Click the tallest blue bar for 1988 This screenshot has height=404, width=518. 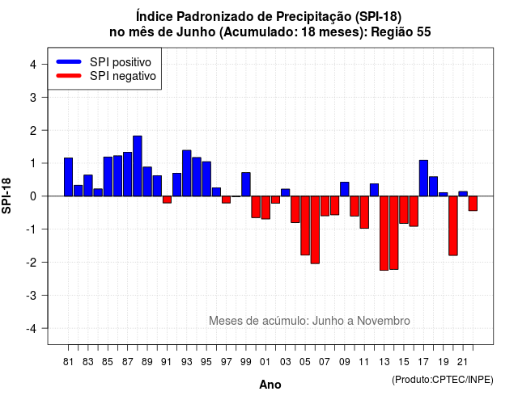click(138, 166)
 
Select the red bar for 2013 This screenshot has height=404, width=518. click(384, 234)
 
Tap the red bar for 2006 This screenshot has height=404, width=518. click(315, 229)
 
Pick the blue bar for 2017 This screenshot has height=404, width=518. click(423, 178)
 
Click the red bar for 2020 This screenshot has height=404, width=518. click(453, 225)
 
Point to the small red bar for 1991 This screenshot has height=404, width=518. click(167, 200)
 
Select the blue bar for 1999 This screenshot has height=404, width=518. click(246, 184)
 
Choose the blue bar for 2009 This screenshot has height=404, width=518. click(345, 189)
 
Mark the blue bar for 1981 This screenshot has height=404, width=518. click(68, 177)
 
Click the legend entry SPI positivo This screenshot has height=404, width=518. click(121, 62)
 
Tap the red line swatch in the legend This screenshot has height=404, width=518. click(69, 76)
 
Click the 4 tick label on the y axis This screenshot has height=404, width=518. click(33, 65)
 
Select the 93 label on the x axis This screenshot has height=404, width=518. click(187, 362)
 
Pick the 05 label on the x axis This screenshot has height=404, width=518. click(305, 362)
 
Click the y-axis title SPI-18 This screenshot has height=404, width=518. click(6, 196)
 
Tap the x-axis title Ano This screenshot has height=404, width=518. click(270, 385)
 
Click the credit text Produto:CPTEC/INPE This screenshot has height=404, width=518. click(443, 380)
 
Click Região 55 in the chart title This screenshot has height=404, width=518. click(401, 32)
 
